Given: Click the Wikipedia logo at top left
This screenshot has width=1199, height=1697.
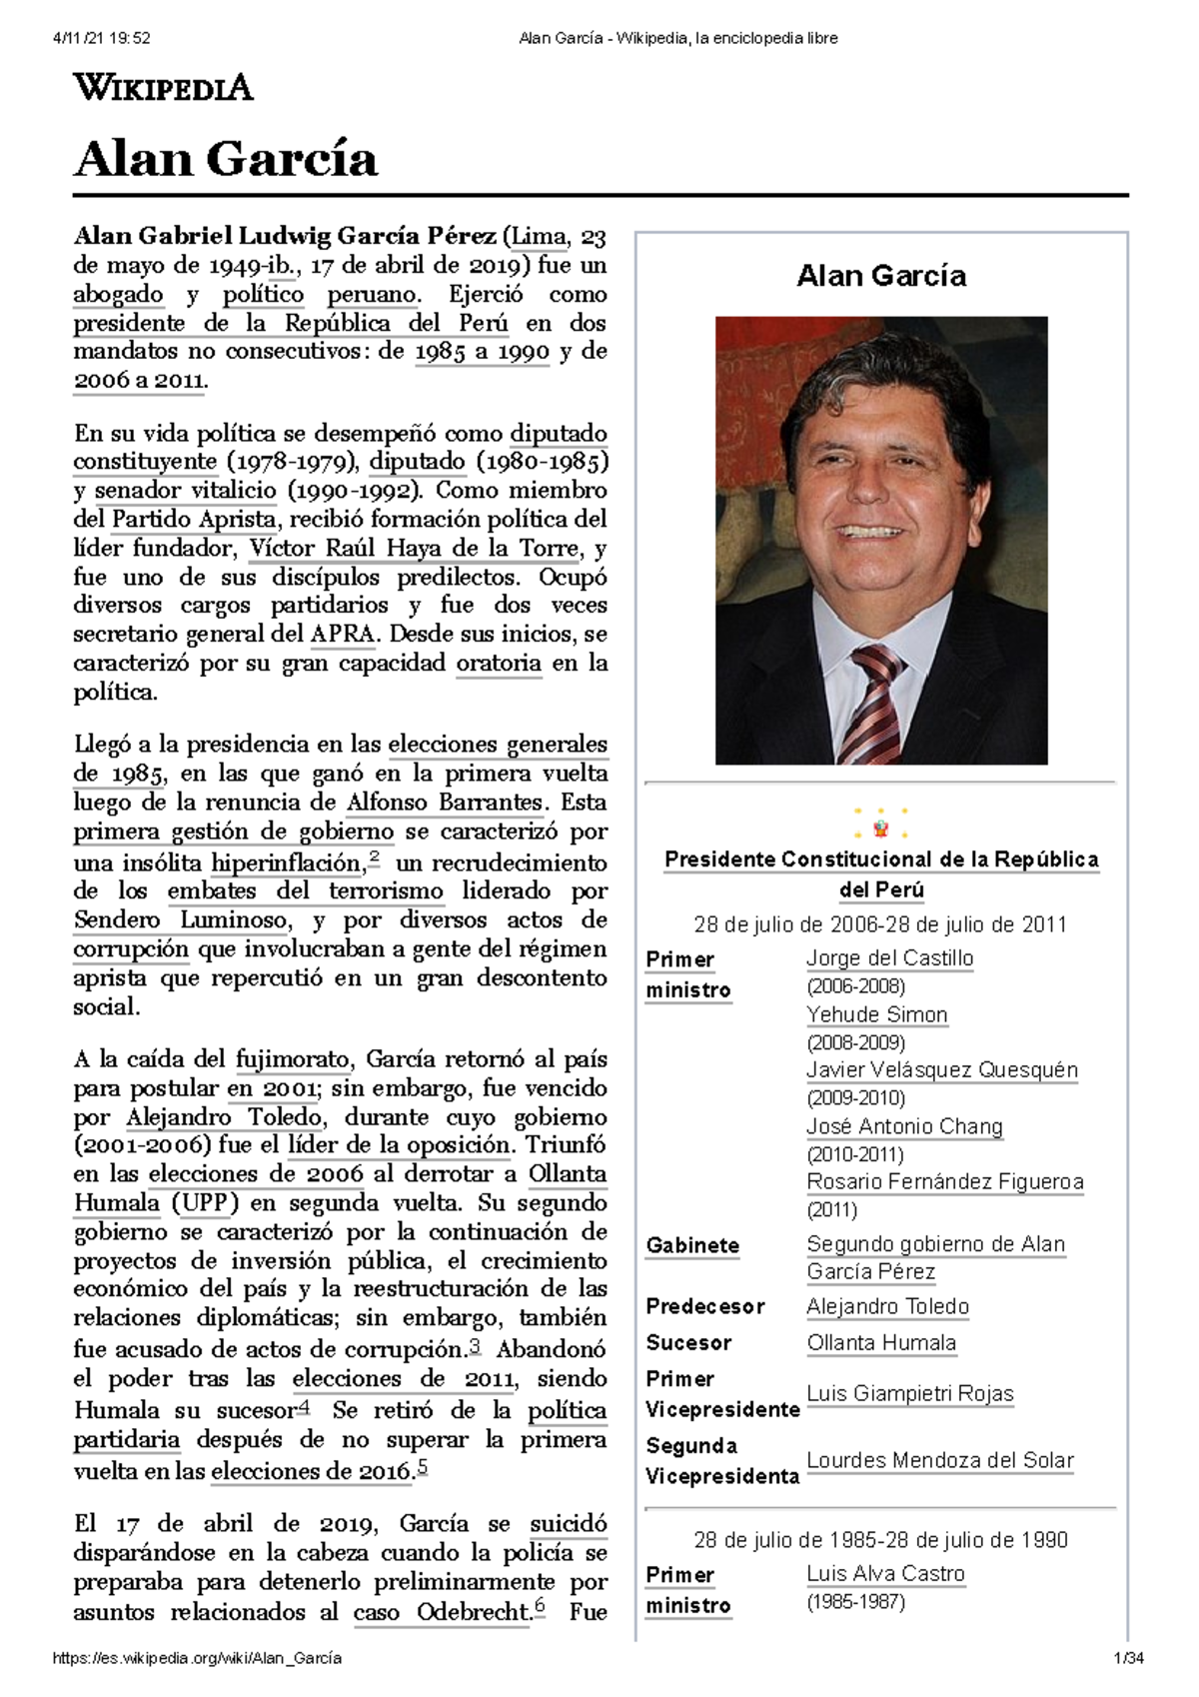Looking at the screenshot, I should [x=163, y=88].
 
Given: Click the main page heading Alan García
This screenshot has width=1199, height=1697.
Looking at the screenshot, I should [x=226, y=159].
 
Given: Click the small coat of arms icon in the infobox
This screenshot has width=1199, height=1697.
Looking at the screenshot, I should [x=880, y=826].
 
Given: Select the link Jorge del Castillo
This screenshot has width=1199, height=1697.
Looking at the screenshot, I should [x=889, y=957].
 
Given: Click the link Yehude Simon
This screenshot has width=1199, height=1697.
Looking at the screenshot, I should [x=876, y=1014].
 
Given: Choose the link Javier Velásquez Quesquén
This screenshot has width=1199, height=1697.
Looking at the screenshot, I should [x=942, y=1069].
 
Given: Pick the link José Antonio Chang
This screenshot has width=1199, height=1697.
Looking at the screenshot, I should [x=904, y=1126].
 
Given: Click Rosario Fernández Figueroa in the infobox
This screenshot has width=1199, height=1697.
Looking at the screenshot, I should [x=944, y=1181].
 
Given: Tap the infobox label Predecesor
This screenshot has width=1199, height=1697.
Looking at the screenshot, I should [x=704, y=1306].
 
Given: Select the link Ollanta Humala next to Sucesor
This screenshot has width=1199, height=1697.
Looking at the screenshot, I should [x=881, y=1342].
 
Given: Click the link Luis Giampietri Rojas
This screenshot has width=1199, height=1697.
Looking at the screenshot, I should [x=909, y=1393].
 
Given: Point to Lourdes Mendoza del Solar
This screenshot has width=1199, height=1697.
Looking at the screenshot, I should [x=939, y=1460].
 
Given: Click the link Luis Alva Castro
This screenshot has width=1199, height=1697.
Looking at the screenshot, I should [x=885, y=1573].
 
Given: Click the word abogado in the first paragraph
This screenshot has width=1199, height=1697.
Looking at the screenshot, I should [x=118, y=295].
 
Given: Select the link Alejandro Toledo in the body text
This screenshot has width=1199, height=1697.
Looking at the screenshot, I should [x=224, y=1116].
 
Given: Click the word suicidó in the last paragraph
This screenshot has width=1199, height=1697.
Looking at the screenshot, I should [x=568, y=1524].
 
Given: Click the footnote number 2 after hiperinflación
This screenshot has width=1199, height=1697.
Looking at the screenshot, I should [x=374, y=857].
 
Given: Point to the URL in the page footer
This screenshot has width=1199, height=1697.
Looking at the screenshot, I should [x=197, y=1658].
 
